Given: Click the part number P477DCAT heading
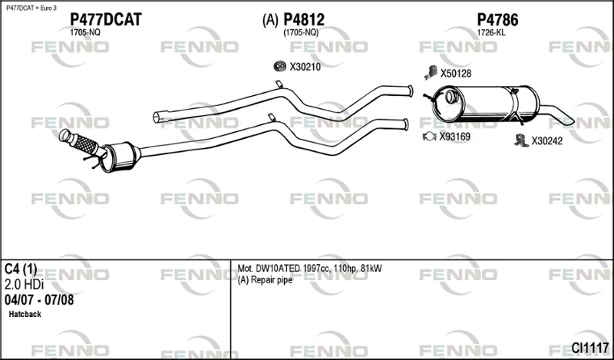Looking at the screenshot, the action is (x=106, y=20).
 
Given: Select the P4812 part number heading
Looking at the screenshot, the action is (x=304, y=20).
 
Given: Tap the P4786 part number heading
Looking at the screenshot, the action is (x=497, y=20).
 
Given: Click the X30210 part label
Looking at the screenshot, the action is (x=305, y=67).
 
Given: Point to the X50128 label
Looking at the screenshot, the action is (x=456, y=73).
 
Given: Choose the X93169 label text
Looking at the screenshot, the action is (x=454, y=137).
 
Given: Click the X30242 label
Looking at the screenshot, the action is (x=546, y=141).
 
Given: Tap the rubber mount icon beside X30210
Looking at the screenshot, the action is (x=279, y=67).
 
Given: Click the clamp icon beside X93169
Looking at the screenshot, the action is (x=430, y=137).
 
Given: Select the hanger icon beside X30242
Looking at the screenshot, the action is (x=521, y=140).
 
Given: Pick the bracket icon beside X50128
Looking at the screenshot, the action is (x=431, y=72).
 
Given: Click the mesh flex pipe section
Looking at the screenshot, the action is (x=86, y=144).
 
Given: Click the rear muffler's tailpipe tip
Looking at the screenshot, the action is (x=567, y=121).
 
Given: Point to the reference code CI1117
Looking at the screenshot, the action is (x=589, y=347).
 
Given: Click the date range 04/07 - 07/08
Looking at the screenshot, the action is (x=39, y=299).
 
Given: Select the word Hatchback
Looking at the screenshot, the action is (x=25, y=314).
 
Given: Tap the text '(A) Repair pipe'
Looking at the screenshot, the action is (x=265, y=280).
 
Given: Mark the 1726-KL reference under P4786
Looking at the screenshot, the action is (x=491, y=33).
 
